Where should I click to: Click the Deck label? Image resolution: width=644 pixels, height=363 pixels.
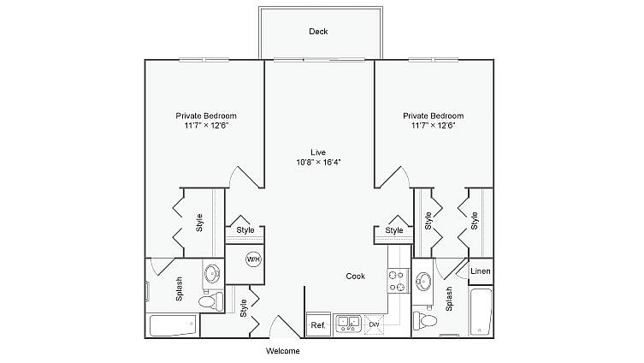318,32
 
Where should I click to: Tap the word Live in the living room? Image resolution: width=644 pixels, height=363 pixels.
318,152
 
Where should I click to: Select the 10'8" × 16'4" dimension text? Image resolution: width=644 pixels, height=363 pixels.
318,162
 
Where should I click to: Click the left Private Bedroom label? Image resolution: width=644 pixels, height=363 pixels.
206,116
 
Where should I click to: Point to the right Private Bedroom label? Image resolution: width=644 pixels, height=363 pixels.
433,116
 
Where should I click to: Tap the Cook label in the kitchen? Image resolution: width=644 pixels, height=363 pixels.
356,276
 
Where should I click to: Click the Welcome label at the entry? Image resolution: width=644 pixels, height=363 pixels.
283,351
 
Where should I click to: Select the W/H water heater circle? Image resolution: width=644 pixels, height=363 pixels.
253,259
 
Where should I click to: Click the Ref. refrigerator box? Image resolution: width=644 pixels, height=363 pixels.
318,325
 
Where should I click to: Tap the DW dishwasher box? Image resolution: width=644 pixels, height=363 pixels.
374,325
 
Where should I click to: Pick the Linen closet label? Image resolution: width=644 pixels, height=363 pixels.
481,271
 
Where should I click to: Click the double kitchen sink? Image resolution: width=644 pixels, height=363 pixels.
347,324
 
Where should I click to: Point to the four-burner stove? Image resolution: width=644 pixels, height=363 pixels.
397,281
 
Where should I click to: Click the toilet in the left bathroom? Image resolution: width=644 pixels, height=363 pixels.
208,301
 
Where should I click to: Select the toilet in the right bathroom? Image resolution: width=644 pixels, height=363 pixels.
426,322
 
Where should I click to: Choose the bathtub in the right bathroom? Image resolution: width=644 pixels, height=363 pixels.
481,312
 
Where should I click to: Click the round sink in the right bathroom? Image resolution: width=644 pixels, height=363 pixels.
424,281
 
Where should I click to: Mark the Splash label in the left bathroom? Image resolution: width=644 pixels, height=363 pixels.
179,289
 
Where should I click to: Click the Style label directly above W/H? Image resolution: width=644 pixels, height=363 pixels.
245,230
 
